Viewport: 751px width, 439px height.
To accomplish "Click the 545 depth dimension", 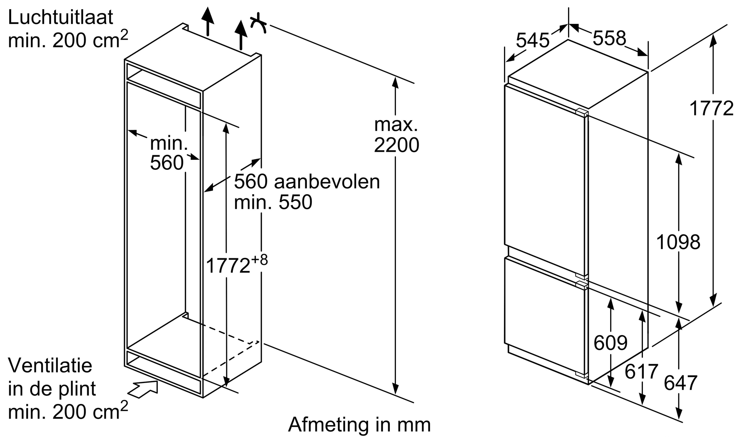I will coord(532,40).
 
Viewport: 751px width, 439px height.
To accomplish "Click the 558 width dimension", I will coord(609,38).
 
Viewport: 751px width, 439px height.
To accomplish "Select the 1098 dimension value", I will coord(678,242).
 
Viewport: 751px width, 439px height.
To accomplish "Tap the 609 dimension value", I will coord(611,342).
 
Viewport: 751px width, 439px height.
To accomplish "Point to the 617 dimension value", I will coord(641,372).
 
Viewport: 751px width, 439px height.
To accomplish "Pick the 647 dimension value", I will coord(680,383).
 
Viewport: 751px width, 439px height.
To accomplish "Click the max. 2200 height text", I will coord(396,135).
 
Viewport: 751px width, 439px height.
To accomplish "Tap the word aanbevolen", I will coord(327,181).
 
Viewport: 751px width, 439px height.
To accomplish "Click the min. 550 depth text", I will coord(273,202).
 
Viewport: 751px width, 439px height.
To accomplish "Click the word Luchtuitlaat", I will coord(61,18).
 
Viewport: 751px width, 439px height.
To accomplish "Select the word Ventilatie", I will coord(50,365).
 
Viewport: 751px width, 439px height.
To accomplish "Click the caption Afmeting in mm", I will coord(359,425).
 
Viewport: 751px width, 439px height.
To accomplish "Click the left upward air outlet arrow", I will coord(208,21).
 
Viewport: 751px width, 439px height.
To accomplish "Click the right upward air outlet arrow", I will coord(241,35).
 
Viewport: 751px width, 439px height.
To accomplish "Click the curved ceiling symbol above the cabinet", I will coord(259,23).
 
